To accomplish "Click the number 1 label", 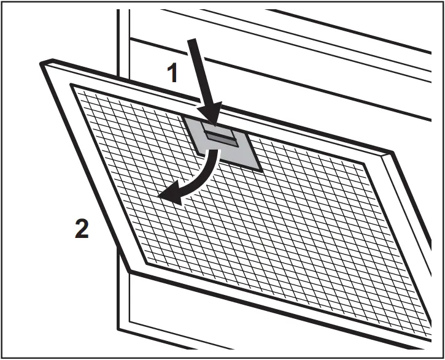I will pos(173,74).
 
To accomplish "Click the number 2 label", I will pos(81,230).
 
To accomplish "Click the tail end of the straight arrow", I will pos(191,40).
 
